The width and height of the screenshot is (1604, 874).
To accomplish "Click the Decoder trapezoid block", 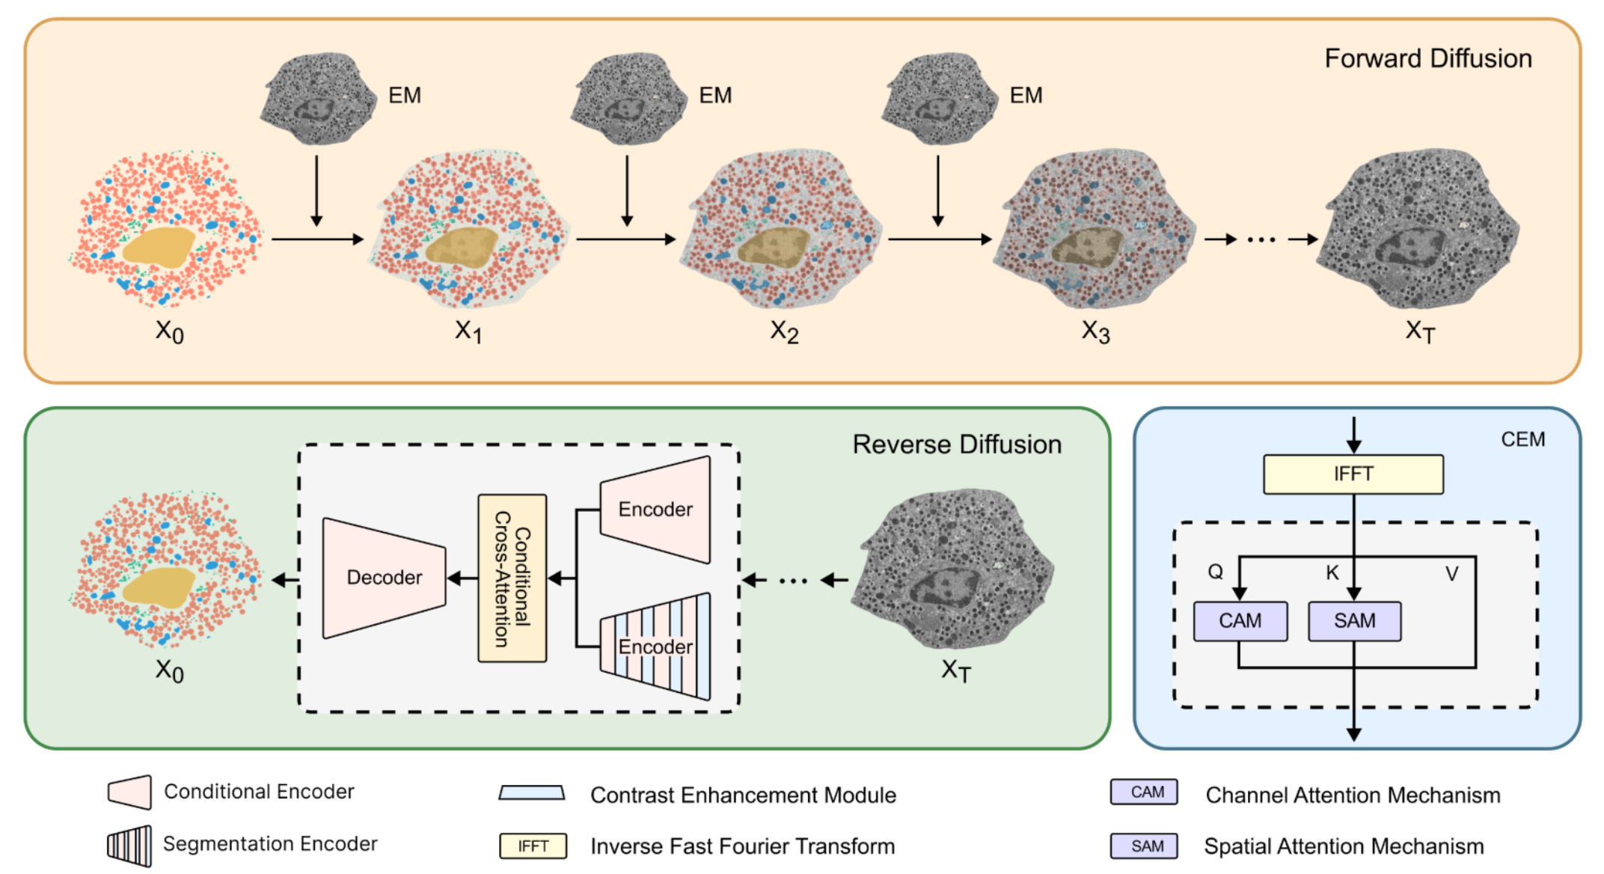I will click(384, 578).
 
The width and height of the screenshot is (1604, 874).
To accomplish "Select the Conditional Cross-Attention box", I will click(512, 578).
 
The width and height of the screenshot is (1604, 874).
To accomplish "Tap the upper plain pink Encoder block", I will click(655, 510).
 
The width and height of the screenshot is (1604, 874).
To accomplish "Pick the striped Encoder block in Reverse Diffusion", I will click(655, 647).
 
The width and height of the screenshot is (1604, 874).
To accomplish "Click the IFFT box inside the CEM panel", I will click(1353, 474).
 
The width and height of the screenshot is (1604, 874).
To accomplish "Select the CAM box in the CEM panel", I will click(1240, 621).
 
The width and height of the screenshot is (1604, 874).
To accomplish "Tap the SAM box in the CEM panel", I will click(1354, 621).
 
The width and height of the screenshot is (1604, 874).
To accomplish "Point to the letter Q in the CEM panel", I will click(1215, 572).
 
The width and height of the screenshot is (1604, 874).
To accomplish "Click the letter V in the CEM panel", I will click(1451, 574).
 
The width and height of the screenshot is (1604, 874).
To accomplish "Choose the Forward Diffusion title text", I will click(1427, 58).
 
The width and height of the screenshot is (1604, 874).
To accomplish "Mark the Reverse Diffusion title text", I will click(957, 444).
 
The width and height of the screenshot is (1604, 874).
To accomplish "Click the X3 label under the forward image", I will click(1095, 331).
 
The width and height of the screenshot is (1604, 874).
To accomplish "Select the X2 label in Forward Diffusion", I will click(784, 331).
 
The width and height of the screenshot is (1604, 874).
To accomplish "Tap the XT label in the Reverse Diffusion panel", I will click(955, 670).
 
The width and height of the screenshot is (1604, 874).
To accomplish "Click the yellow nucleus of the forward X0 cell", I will click(159, 248).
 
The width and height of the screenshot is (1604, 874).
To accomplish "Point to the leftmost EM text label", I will click(405, 96).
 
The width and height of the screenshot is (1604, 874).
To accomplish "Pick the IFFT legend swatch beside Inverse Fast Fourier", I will click(533, 846).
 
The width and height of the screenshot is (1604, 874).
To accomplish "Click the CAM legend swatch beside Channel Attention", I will click(1143, 792).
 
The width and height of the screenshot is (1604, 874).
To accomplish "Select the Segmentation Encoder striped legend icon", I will click(129, 846).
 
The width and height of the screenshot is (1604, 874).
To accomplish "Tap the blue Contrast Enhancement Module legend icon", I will click(532, 792).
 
